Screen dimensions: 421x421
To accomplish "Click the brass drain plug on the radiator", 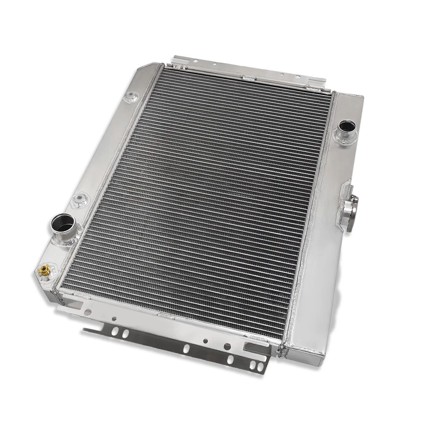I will click(43, 269).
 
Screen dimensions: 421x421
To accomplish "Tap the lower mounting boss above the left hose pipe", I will click(79, 200).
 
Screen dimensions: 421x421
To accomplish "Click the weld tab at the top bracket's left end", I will click(178, 66).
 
